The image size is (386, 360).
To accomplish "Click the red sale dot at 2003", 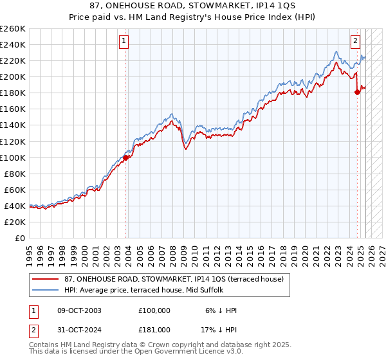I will (x=126, y=157).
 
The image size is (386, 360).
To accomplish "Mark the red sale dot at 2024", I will (x=357, y=92).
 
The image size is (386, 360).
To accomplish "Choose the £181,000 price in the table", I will (x=154, y=330).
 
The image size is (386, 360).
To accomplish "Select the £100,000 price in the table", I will (x=154, y=310).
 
